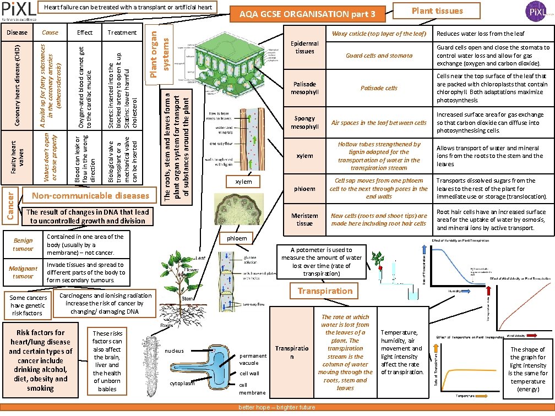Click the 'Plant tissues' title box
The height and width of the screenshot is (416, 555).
point(437,11)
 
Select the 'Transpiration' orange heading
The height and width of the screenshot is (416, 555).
point(325,291)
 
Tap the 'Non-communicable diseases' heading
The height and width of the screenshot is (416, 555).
point(90,196)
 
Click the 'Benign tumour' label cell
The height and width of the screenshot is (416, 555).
point(23,245)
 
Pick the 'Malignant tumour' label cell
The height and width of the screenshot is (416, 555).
point(23,272)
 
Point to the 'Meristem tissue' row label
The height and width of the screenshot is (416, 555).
point(304,220)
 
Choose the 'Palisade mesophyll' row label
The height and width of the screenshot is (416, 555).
point(304,88)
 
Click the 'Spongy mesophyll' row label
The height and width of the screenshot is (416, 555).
point(304,123)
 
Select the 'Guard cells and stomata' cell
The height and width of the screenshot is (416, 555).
point(379,56)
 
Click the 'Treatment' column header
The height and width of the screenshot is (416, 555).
point(122,32)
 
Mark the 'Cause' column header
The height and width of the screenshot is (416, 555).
point(50,32)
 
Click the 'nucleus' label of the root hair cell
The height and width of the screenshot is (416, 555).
point(174,351)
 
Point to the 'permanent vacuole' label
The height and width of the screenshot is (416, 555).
point(253,359)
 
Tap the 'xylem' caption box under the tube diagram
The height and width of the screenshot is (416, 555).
point(243,182)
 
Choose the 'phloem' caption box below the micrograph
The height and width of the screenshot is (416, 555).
point(241,238)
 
